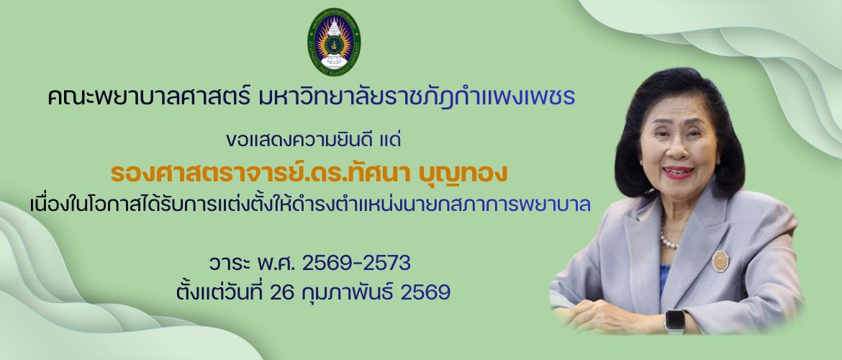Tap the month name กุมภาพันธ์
point(349,292)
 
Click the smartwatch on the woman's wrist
point(675,320)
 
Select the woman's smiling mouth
point(679,173)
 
